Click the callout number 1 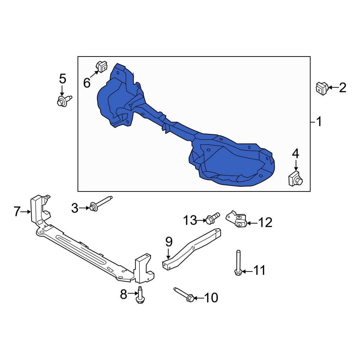pyautogui.click(x=319, y=122)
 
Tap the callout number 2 pyautogui.click(x=342, y=87)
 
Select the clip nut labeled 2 pyautogui.click(x=321, y=88)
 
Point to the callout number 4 pyautogui.click(x=295, y=154)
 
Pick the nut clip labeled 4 pyautogui.click(x=295, y=179)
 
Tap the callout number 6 pyautogui.click(x=87, y=83)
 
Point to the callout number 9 pyautogui.click(x=169, y=242)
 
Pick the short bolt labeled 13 pyautogui.click(x=213, y=218)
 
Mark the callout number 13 pyautogui.click(x=191, y=220)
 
